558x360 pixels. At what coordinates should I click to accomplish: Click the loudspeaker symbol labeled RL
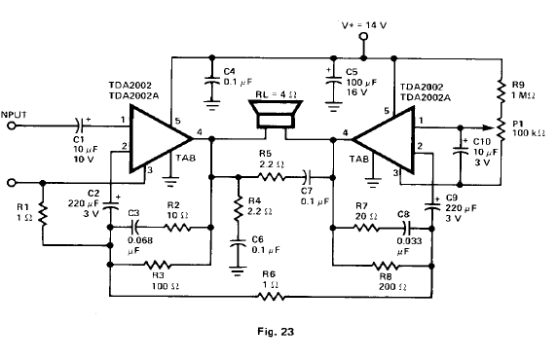[276, 114]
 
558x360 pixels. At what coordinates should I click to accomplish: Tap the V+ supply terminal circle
[363, 36]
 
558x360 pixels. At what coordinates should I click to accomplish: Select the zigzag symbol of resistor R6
[271, 296]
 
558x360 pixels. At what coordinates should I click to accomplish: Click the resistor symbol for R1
[43, 214]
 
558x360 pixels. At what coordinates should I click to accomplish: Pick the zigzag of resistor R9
[502, 91]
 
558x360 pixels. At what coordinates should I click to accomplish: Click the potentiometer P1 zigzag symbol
[502, 129]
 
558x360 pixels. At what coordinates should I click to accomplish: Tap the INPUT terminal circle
[12, 126]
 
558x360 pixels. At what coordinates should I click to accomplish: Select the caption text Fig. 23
[276, 332]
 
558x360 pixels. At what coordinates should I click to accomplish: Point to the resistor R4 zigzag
[239, 208]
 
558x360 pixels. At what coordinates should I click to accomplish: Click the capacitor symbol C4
[212, 81]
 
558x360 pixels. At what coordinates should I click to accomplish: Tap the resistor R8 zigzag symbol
[386, 266]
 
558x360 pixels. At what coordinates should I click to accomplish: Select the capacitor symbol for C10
[461, 150]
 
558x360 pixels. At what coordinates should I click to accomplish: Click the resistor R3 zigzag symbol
[158, 265]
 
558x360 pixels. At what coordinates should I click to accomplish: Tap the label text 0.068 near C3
[140, 240]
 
